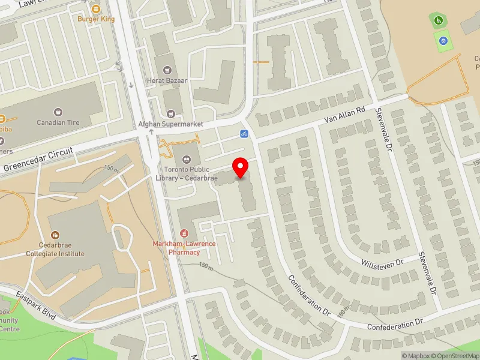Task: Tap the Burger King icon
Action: pyautogui.click(x=96, y=8)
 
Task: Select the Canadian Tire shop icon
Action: pyautogui.click(x=58, y=112)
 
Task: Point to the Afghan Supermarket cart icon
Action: pyautogui.click(x=173, y=113)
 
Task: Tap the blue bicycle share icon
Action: pyautogui.click(x=244, y=133)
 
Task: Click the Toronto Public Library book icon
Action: pyautogui.click(x=186, y=159)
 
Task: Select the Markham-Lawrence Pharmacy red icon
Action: pyautogui.click(x=185, y=233)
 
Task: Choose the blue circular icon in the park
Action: pyautogui.click(x=443, y=40)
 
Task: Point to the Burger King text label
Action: pyautogui.click(x=96, y=19)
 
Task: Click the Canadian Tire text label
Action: pyautogui.click(x=58, y=123)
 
